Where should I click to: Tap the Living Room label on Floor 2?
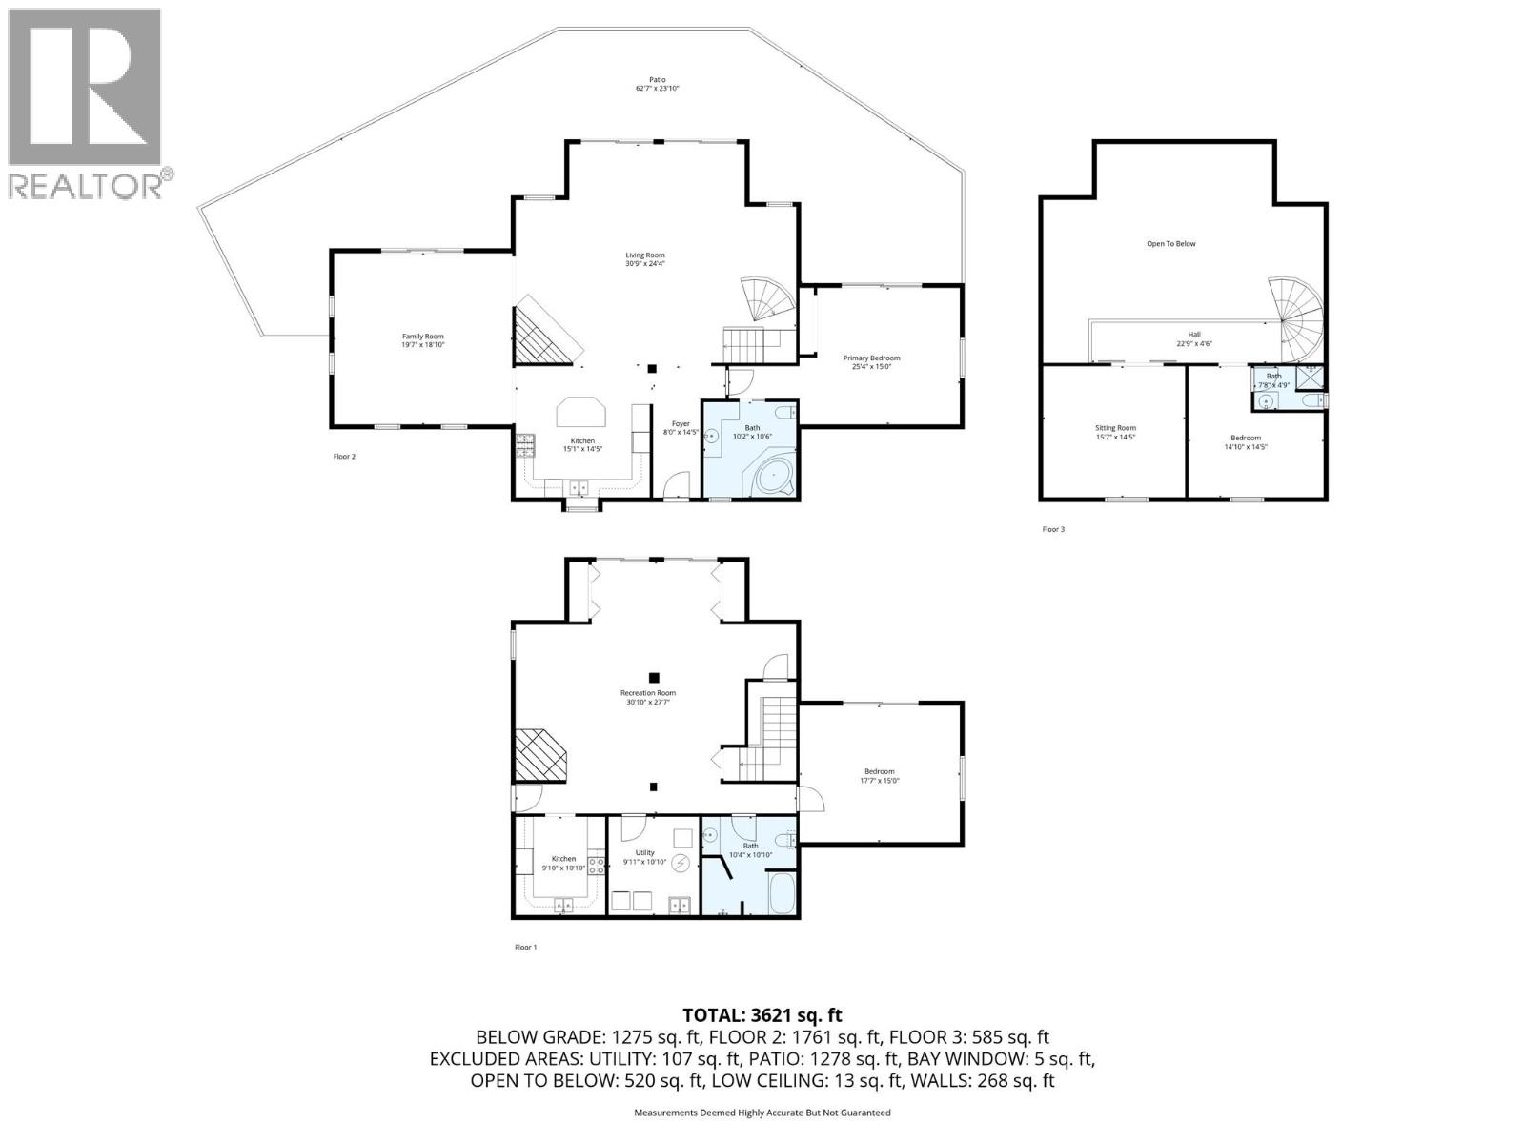[645, 255]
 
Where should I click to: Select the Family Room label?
[422, 337]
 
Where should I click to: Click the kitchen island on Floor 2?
[581, 413]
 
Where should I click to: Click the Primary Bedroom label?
[871, 358]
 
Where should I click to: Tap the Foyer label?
[681, 423]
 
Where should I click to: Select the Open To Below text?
[1170, 244]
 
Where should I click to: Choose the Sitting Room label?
[1115, 428]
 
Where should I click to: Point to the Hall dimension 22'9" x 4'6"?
[1194, 344]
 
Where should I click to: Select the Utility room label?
[645, 852]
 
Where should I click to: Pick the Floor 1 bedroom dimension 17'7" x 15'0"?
[880, 781]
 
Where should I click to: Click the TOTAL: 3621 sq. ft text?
[762, 1016]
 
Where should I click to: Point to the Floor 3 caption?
[1053, 529]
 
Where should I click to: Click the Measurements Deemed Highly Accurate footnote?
[762, 1113]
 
